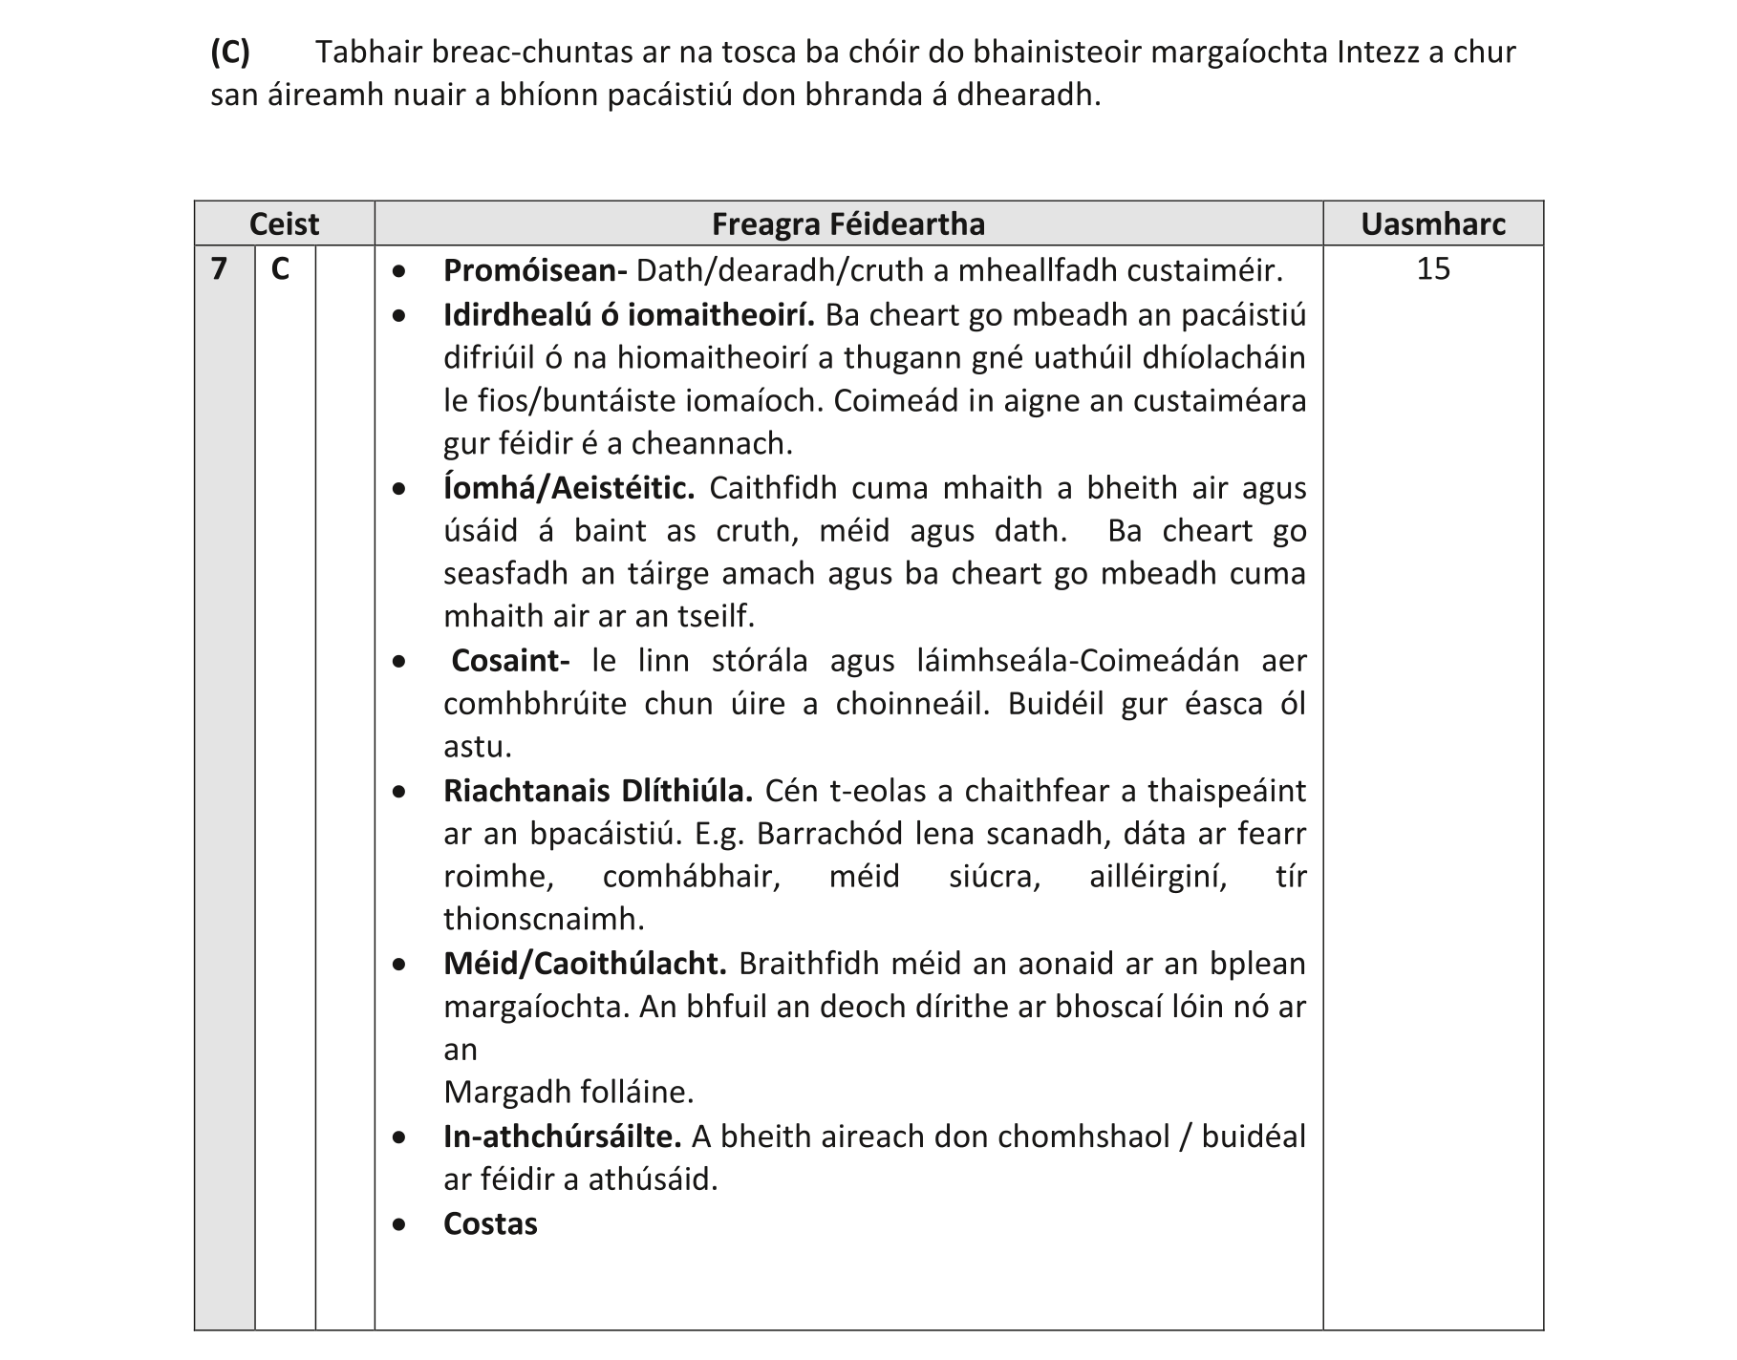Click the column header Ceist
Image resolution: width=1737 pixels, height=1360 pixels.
pos(284,224)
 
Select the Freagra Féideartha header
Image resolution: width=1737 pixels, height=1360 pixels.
pos(847,224)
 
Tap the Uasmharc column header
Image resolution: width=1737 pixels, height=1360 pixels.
pos(1432,224)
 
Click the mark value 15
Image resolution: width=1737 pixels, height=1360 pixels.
pos(1432,269)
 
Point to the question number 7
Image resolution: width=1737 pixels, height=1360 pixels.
pos(220,269)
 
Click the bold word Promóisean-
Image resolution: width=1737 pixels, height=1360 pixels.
pos(535,271)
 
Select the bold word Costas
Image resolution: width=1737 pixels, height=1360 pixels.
pos(490,1224)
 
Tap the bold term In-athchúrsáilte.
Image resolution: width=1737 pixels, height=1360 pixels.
pos(562,1137)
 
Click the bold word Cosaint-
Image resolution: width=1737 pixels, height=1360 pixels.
pos(510,661)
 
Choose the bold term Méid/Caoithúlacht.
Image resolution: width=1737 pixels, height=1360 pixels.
pos(585,964)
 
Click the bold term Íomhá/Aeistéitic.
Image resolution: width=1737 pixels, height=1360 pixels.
pos(568,488)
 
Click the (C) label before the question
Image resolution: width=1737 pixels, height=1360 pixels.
pos(229,52)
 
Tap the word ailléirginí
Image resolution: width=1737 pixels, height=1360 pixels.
pos(1158,877)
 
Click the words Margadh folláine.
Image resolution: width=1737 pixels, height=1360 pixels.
pos(568,1092)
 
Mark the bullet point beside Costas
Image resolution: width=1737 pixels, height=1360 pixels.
pos(398,1224)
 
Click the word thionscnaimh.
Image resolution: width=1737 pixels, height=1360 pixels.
pos(544,920)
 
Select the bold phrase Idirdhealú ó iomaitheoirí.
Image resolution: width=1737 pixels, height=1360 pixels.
pos(629,315)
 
